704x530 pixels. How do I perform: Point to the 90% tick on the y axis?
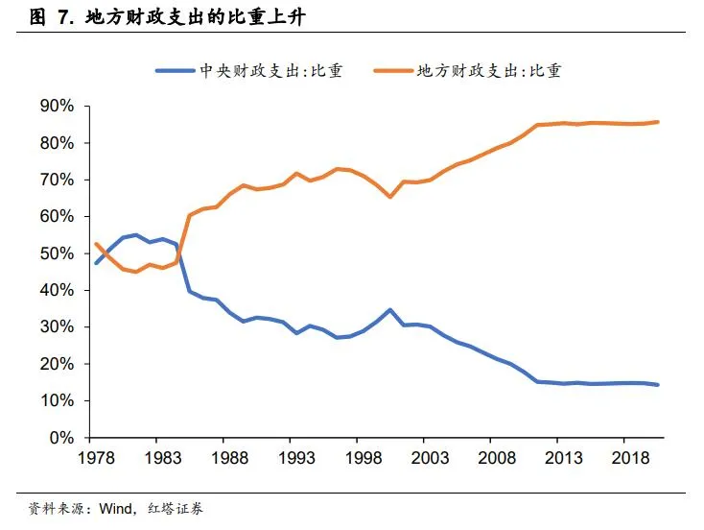pos(58,107)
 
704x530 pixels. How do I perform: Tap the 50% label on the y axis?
pos(58,253)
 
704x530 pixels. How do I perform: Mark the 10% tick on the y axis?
pos(58,400)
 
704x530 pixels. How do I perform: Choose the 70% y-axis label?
pos(58,181)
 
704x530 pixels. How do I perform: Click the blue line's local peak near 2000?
pos(388,309)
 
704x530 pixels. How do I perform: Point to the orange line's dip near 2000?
pos(388,197)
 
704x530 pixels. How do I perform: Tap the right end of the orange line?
pos(659,122)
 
